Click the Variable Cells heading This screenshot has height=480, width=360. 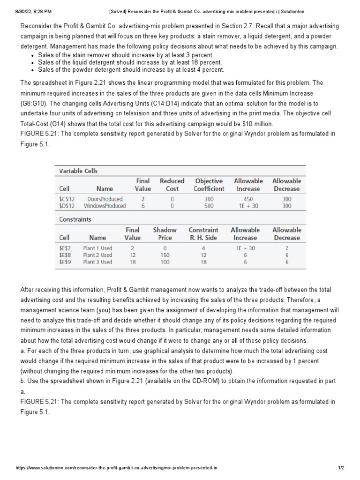tap(78, 171)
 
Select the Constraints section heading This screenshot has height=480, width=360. tap(75, 219)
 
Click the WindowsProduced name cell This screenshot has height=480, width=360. tap(105, 206)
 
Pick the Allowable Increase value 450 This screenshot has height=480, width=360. tap(248, 199)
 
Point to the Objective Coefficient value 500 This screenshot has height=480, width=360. tap(209, 206)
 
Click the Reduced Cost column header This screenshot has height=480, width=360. tap(172, 185)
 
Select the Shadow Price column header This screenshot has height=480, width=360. tap(165, 234)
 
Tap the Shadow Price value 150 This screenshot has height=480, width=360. tap(165, 255)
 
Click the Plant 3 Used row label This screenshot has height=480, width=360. tap(97, 262)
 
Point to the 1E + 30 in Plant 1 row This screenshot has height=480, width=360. tap(245, 248)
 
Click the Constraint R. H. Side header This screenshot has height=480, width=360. tap(203, 234)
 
